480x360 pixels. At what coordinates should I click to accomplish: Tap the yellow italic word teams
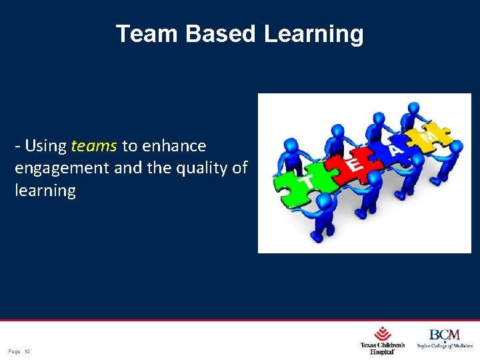coord(94,145)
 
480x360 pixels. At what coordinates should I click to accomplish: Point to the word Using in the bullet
coord(45,145)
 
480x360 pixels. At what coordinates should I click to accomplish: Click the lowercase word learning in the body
coord(45,191)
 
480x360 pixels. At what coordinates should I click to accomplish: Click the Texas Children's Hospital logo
coord(383,340)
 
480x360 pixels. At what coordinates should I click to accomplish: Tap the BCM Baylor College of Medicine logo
coord(443,339)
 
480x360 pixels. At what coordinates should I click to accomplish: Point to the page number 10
coord(27,351)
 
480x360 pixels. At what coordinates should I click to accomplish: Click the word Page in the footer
coord(14,351)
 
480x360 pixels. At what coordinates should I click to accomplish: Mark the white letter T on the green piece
coord(307,182)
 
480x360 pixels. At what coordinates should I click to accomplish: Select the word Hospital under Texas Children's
coord(383,351)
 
